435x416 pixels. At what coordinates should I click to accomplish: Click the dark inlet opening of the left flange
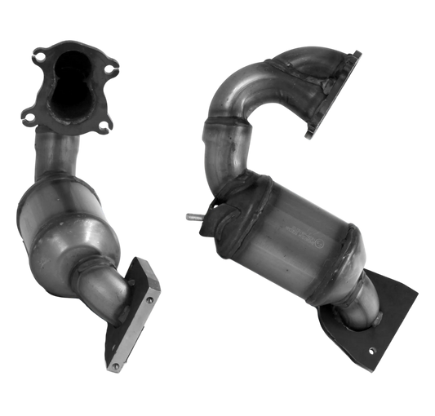pyautogui.click(x=70, y=91)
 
